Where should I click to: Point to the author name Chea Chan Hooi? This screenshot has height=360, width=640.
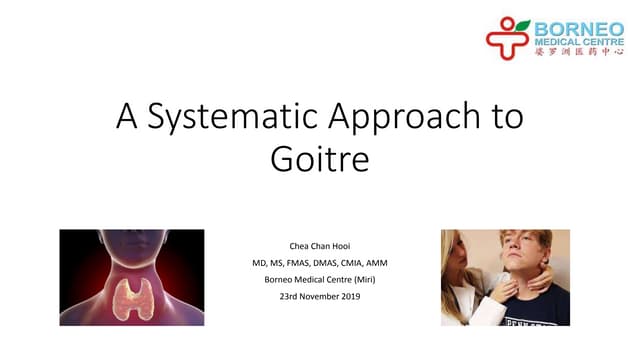(x=321, y=243)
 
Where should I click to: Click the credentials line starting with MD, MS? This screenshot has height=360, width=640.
(x=320, y=261)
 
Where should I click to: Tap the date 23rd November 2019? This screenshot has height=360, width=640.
(x=321, y=297)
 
